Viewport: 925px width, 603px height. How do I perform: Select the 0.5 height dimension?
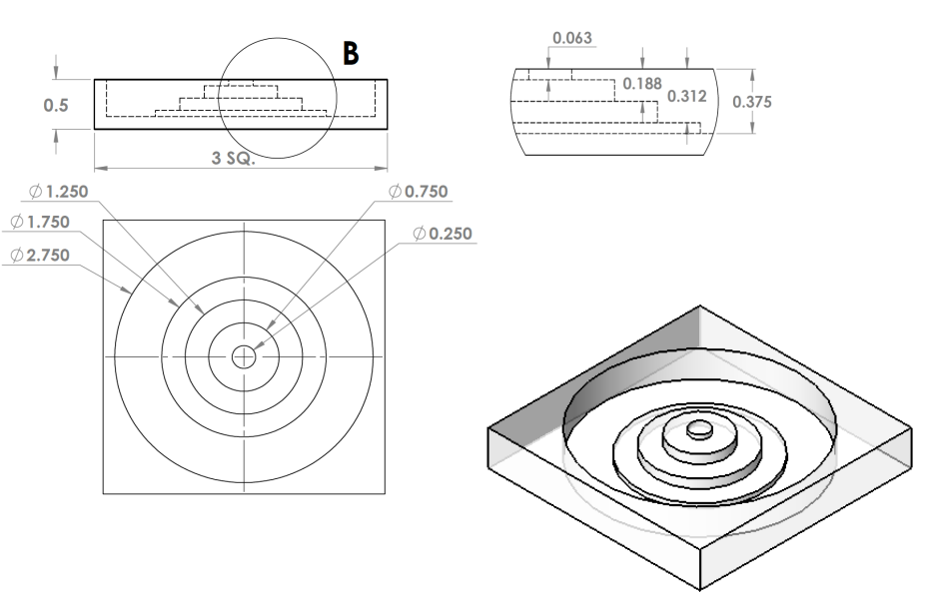coord(56,106)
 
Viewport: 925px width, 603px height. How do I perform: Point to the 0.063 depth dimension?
coord(572,39)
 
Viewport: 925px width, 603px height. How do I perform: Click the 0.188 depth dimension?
coord(642,83)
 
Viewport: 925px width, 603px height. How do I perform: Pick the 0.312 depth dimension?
coord(686,96)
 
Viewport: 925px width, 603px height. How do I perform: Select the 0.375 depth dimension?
coord(752,102)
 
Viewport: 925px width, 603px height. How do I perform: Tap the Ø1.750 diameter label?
coord(41,221)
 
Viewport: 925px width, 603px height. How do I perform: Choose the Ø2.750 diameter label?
coord(41,255)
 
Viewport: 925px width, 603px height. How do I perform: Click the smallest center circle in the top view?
coord(244,356)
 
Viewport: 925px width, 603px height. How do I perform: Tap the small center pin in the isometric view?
coord(700,428)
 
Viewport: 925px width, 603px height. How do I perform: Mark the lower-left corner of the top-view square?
coord(104,492)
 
